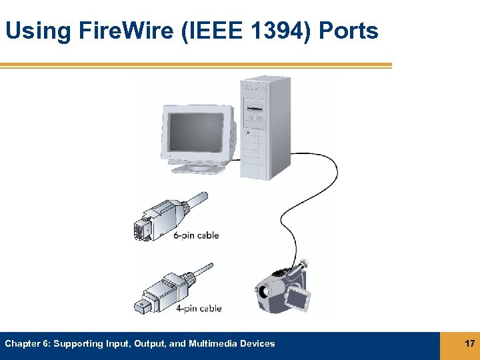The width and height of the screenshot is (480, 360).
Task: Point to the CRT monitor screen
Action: point(195,131)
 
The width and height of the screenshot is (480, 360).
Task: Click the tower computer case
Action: point(265,127)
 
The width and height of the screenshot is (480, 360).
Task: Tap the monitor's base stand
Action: point(198,167)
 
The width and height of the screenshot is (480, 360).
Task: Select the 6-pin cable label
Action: point(196,235)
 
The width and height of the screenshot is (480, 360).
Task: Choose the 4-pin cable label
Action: point(199,309)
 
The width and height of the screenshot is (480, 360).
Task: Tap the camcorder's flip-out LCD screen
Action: point(297,299)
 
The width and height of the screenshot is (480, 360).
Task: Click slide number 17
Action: point(469,344)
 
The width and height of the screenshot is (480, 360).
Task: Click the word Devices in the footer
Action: point(259,344)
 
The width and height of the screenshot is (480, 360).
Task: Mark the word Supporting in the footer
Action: point(77,344)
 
